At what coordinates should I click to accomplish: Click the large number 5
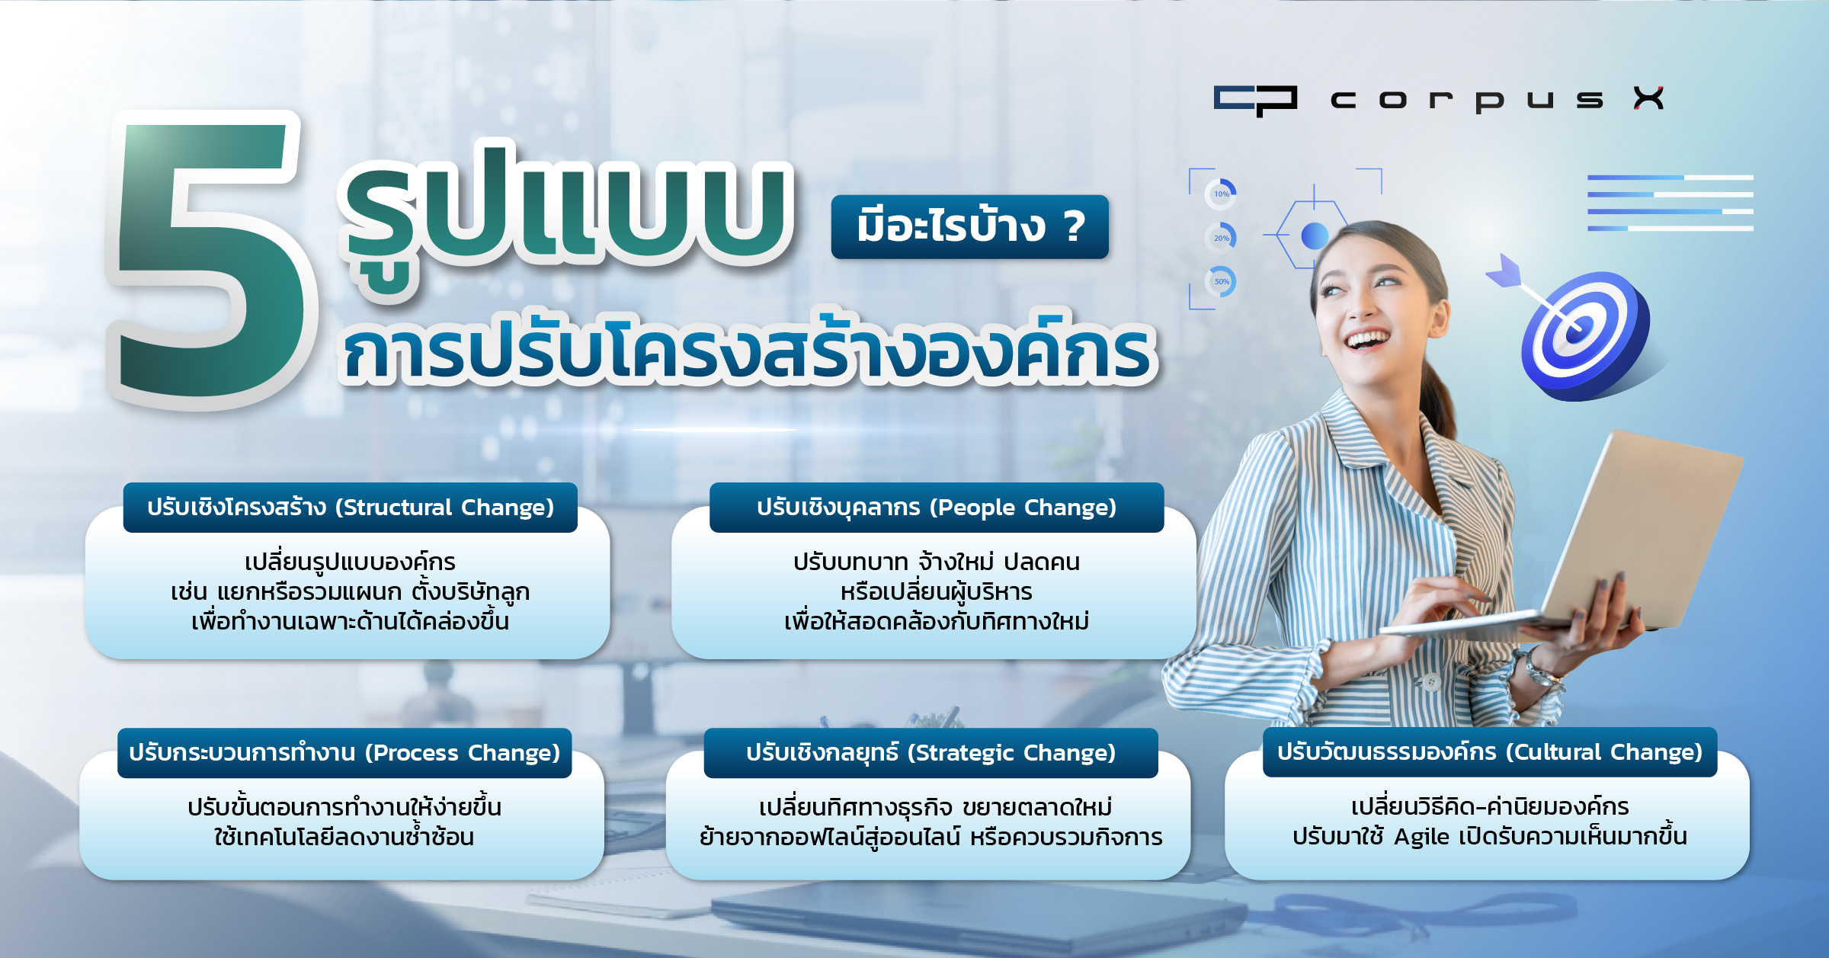210,259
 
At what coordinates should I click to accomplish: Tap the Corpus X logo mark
1255,101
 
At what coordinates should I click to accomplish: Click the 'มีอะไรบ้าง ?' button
969,226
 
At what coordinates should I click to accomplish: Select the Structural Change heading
351,508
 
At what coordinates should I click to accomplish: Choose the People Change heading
937,508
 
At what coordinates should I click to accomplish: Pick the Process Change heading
344,753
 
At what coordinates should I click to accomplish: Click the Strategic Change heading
931,753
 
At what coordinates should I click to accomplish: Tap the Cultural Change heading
1490,752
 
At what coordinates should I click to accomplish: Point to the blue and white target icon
1585,335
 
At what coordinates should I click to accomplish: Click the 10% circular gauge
1221,194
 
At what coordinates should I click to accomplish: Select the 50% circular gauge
1221,281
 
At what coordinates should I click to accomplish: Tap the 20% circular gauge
1221,238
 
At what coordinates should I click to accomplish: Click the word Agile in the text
1422,838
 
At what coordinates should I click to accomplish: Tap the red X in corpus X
1648,98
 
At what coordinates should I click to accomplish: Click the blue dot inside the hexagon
1315,235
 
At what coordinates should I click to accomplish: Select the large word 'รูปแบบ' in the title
568,213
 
